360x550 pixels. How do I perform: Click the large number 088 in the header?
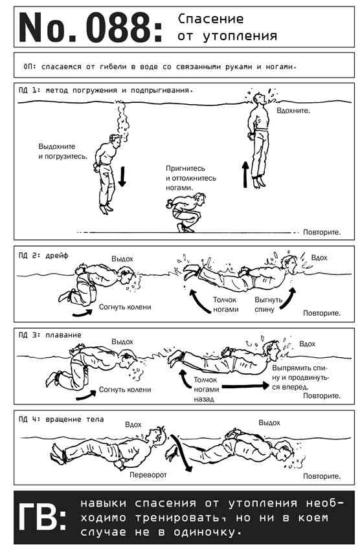tap(118, 27)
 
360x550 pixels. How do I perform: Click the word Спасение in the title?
tap(210, 19)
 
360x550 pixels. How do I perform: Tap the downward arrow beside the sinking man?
tap(122, 177)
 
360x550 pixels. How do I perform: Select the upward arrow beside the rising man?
tap(245, 174)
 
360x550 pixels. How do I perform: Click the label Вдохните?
tap(293, 111)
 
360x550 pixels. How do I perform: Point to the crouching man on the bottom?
tap(186, 212)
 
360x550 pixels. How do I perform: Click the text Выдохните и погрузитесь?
tap(63, 151)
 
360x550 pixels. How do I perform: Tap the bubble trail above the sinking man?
tap(122, 121)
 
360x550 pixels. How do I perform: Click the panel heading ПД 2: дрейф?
tap(43, 256)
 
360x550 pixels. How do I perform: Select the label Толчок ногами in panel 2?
tap(225, 305)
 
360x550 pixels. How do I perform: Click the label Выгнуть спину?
tap(269, 305)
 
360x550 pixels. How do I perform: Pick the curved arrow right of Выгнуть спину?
tap(289, 298)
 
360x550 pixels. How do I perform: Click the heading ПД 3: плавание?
tap(50, 335)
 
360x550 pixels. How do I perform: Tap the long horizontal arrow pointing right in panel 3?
tap(245, 386)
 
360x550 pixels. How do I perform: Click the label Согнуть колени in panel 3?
tap(125, 390)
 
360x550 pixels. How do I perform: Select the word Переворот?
tap(148, 474)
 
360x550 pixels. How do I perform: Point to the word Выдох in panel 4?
tap(269, 423)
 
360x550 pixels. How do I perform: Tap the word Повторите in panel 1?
tap(322, 232)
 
